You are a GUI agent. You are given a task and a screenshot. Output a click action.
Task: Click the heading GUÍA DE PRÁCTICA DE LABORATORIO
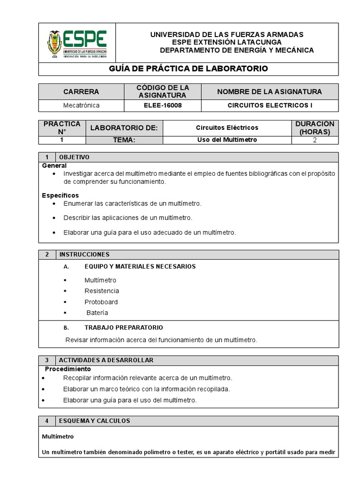pyautogui.click(x=188, y=69)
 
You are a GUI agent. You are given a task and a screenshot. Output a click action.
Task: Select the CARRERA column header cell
pyautogui.click(x=81, y=91)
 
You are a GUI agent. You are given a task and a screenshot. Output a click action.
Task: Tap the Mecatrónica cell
pyautogui.click(x=81, y=105)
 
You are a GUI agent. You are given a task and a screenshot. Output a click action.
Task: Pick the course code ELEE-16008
pyautogui.click(x=163, y=105)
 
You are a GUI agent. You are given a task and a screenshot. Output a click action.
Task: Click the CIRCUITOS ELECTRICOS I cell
pyautogui.click(x=270, y=105)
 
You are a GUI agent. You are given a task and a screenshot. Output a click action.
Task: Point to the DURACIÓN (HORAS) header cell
pyautogui.click(x=315, y=127)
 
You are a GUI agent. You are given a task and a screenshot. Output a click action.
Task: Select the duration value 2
pyautogui.click(x=315, y=140)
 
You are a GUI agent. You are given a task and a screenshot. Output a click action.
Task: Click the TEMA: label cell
pyautogui.click(x=124, y=140)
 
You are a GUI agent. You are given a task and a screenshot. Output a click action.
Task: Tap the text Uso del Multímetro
pyautogui.click(x=227, y=140)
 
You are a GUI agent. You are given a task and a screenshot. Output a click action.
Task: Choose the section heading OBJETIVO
pyautogui.click(x=74, y=157)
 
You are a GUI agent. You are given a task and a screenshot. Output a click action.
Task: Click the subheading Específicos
pyautogui.click(x=60, y=195)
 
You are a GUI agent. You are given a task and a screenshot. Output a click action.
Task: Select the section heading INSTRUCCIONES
pyautogui.click(x=84, y=255)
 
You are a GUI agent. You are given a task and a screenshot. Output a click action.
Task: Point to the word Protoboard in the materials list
pyautogui.click(x=101, y=302)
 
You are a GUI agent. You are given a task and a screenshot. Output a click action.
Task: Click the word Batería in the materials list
pyautogui.click(x=97, y=313)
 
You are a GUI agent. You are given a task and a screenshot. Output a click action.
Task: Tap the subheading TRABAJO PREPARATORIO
pyautogui.click(x=124, y=328)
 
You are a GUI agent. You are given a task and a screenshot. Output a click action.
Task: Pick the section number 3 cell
pyautogui.click(x=47, y=360)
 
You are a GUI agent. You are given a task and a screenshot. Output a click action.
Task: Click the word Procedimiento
pyautogui.click(x=68, y=369)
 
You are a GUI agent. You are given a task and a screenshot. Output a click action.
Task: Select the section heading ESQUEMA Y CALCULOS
pyautogui.click(x=95, y=421)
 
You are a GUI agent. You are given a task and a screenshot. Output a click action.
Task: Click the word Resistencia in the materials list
pyautogui.click(x=102, y=291)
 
